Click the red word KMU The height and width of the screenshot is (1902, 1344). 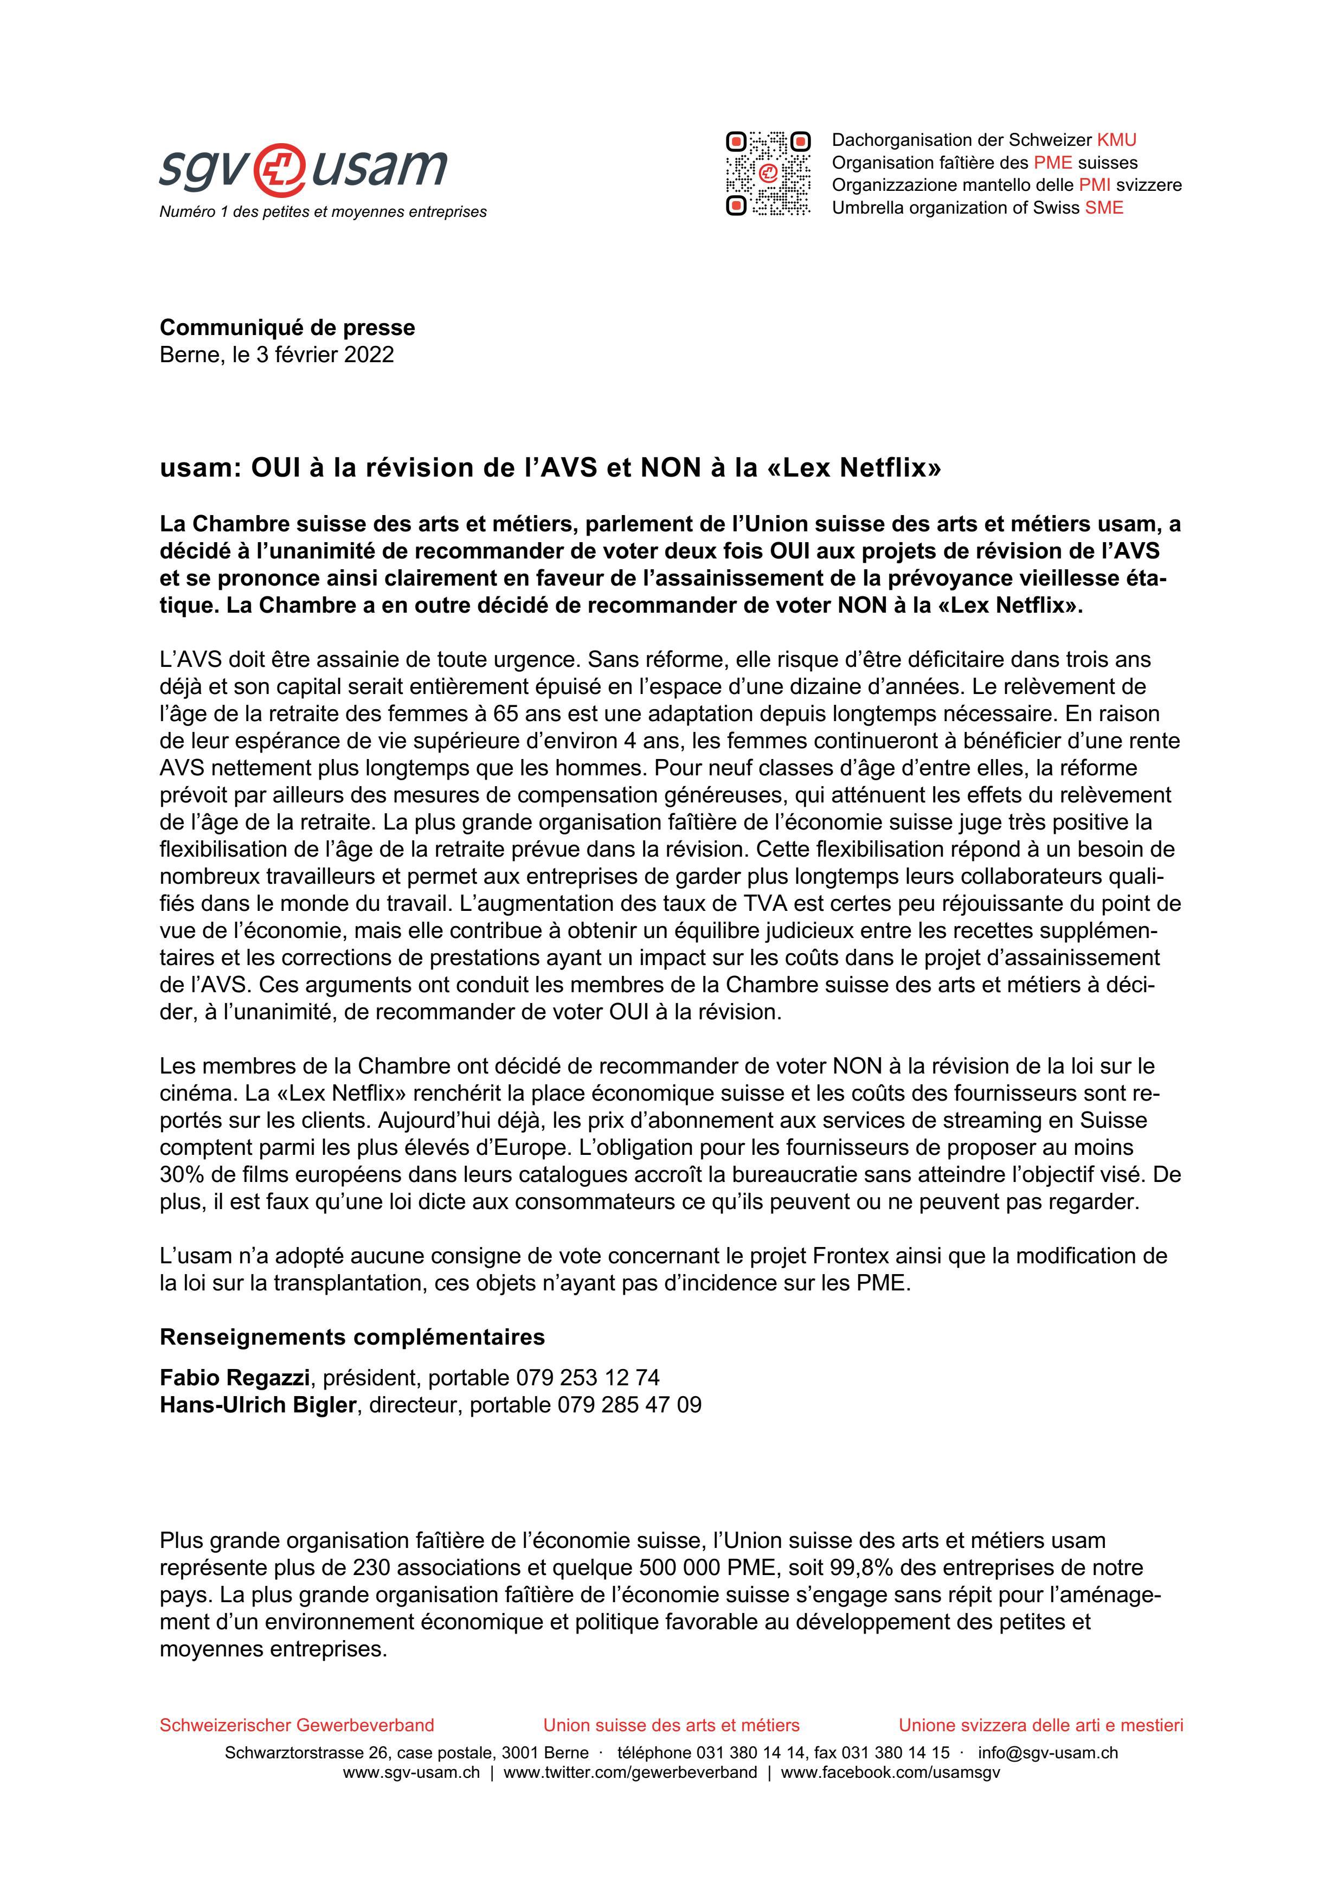(1116, 140)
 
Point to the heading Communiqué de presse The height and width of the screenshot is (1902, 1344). (287, 327)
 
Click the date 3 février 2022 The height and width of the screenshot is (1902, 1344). (325, 355)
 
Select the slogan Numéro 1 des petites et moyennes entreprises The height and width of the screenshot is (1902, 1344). (323, 212)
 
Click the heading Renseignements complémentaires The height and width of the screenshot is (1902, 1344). (352, 1337)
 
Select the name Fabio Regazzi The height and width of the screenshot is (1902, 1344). (234, 1378)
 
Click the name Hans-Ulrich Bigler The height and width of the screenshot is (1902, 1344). (258, 1405)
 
